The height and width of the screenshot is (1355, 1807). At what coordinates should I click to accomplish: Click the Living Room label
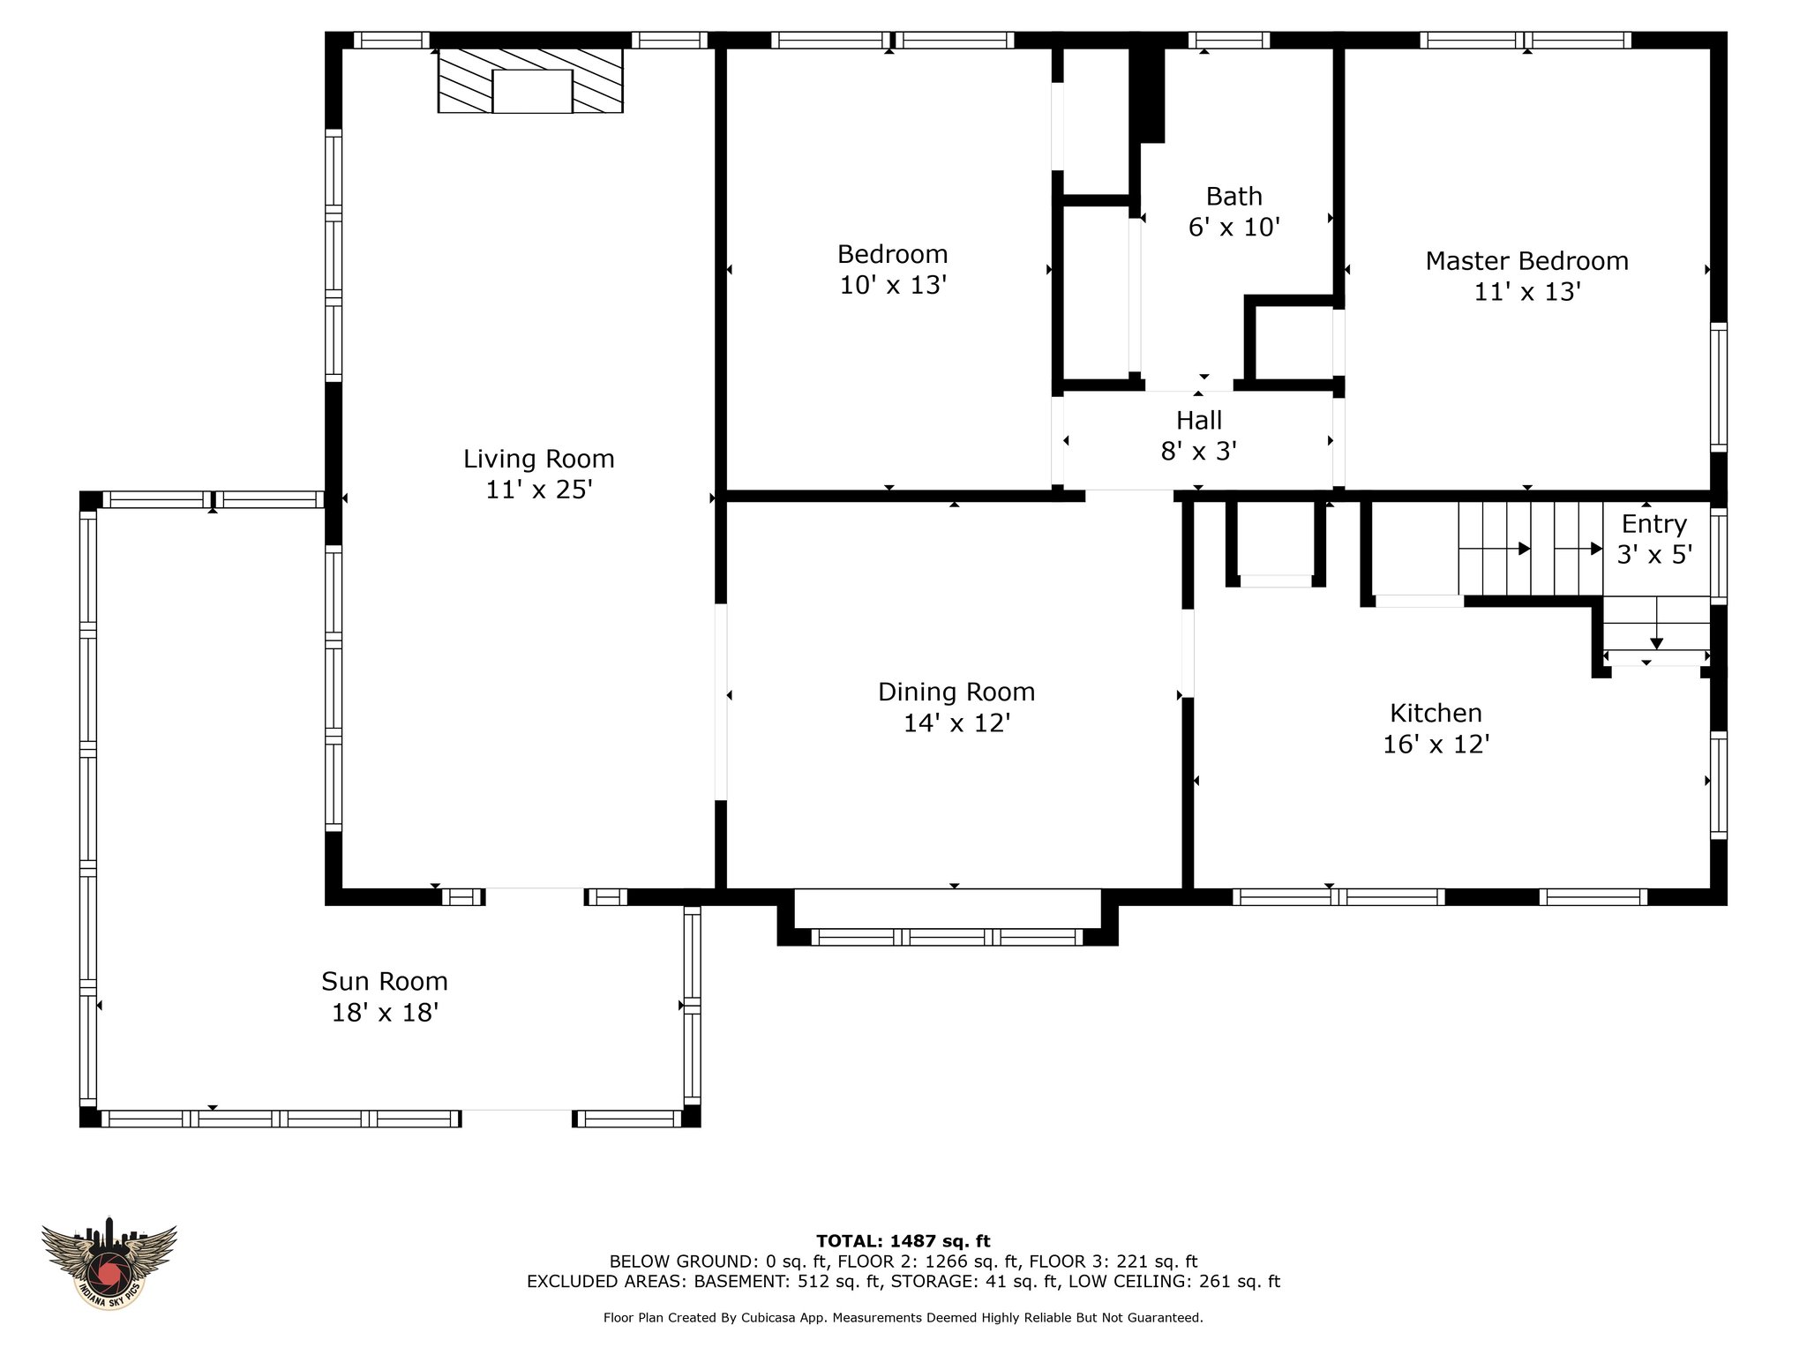point(538,459)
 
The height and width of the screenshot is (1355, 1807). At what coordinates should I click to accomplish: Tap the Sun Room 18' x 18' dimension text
point(385,1013)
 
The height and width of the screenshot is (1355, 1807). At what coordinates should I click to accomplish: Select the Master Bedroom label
point(1526,261)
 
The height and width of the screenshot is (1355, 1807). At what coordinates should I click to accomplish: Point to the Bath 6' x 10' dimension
point(1233,228)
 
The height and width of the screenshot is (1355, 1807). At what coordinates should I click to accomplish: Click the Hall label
point(1198,420)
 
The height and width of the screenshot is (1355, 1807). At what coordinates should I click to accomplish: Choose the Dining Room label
point(956,692)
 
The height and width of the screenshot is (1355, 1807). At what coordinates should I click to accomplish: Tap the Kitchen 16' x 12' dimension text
point(1436,745)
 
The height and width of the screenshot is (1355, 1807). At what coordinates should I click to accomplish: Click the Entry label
point(1653,525)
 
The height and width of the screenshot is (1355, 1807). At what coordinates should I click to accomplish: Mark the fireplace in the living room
point(530,80)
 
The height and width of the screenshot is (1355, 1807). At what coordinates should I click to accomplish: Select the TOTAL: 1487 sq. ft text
point(903,1241)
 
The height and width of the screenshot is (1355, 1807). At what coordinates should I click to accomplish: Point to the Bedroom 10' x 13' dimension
point(893,286)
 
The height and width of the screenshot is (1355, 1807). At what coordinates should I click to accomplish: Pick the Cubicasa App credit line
point(903,1318)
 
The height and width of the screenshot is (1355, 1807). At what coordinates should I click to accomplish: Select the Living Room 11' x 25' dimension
point(538,490)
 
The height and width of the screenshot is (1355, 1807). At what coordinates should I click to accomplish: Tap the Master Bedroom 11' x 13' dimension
point(1526,292)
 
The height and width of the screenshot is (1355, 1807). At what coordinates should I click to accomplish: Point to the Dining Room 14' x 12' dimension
point(956,723)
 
